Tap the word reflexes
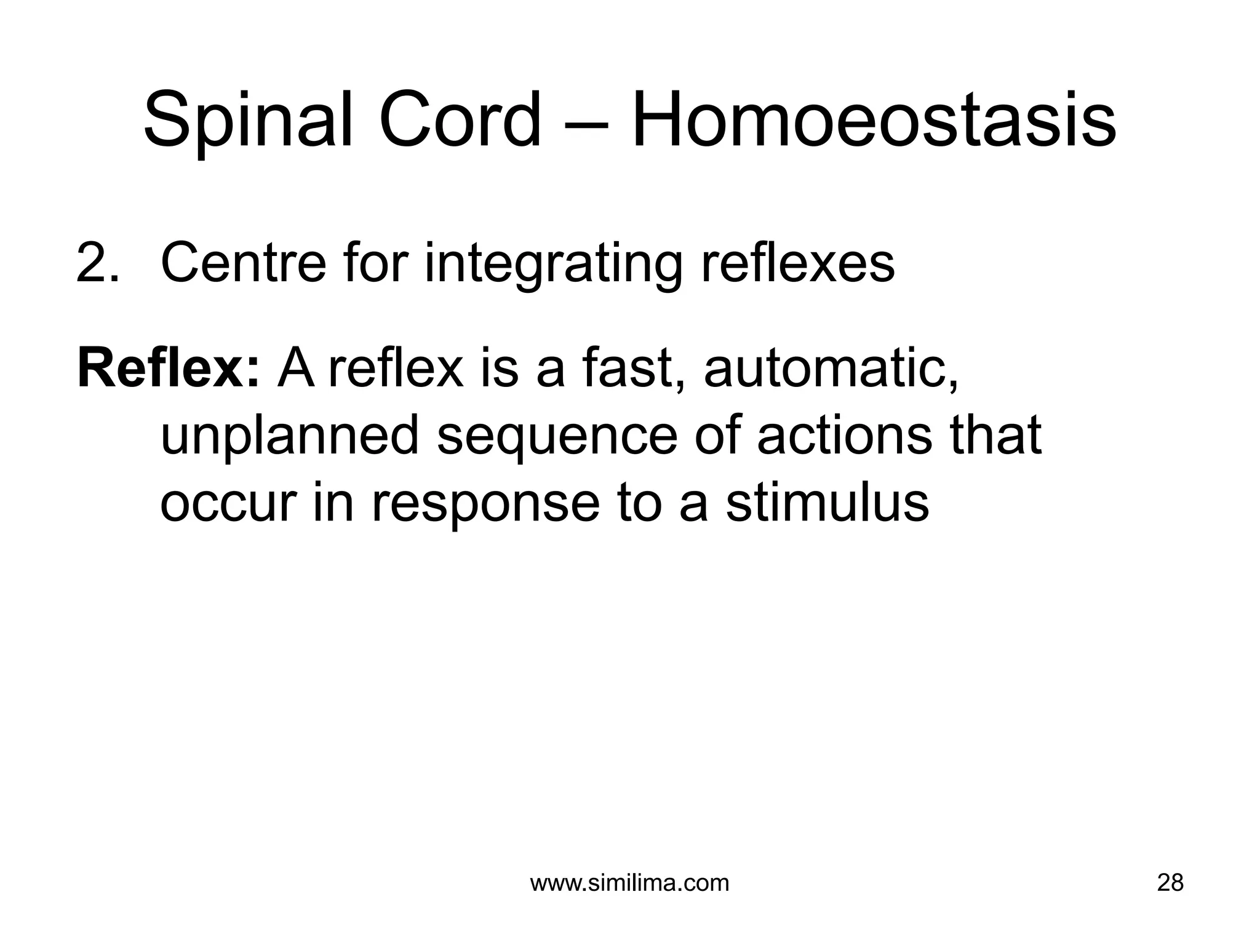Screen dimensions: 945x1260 pyautogui.click(x=798, y=263)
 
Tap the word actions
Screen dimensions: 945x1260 pyautogui.click(x=844, y=435)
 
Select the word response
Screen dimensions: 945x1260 pyautogui.click(x=485, y=506)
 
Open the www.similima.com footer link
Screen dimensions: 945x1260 pyautogui.click(x=629, y=883)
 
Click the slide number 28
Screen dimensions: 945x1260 pyautogui.click(x=1170, y=883)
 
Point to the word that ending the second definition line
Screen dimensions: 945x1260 pyautogui.click(x=995, y=435)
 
